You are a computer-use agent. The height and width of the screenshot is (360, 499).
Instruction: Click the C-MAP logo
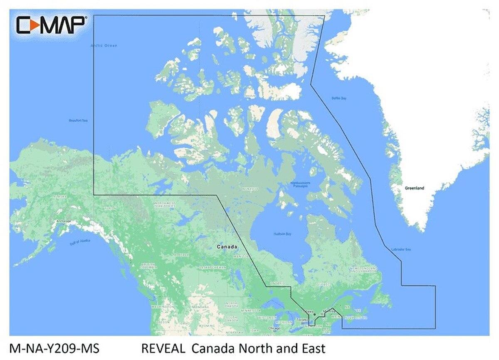(x=51, y=25)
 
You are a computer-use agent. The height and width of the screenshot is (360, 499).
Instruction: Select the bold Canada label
(x=227, y=247)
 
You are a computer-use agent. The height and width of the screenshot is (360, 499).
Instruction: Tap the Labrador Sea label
(x=401, y=249)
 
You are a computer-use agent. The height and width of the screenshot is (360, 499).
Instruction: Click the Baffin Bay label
(x=339, y=98)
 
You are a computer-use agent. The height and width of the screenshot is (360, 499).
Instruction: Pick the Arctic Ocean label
(x=104, y=45)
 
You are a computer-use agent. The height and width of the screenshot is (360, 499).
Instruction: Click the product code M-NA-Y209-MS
(x=54, y=348)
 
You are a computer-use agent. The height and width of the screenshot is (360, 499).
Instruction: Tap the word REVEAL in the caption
(x=163, y=348)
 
